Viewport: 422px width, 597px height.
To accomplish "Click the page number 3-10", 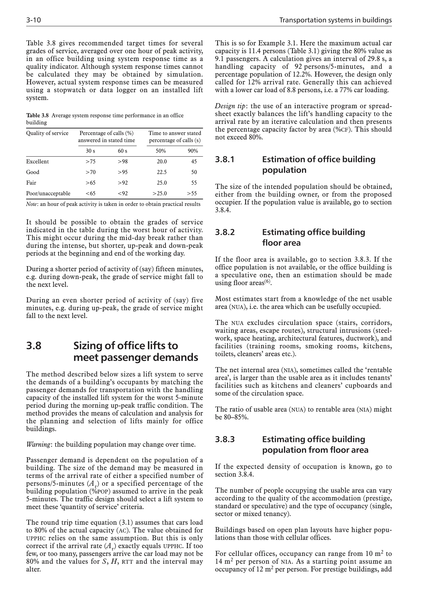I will [x=34, y=20].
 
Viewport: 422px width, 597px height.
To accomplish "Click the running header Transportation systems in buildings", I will [x=335, y=20].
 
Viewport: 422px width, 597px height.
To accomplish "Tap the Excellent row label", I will [x=38, y=162].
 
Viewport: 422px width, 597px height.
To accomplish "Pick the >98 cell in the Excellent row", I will [x=122, y=162].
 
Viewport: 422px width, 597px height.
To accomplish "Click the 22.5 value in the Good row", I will [x=162, y=172].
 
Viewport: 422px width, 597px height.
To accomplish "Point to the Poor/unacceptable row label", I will [x=48, y=194].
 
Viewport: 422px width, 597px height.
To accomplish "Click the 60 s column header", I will [x=122, y=151].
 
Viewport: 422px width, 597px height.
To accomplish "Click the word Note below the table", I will [x=32, y=204].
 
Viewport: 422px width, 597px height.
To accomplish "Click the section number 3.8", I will [x=34, y=346].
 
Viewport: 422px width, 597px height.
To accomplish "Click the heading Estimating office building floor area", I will [x=313, y=237].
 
